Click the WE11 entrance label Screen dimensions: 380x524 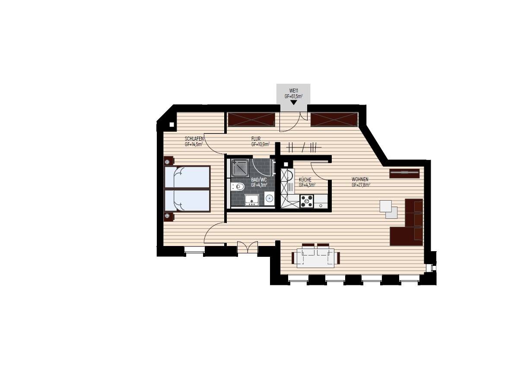tap(293, 91)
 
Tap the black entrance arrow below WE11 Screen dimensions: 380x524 tap(293, 102)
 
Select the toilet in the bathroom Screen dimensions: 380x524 tap(238, 186)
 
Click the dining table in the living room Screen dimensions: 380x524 tap(316, 258)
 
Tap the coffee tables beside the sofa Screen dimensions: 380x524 tap(388, 209)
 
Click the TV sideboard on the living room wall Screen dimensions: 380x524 tap(404, 173)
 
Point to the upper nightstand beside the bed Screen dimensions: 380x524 tap(168, 161)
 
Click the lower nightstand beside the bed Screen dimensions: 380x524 tap(168, 217)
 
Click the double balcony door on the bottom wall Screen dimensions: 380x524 tap(248, 248)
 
